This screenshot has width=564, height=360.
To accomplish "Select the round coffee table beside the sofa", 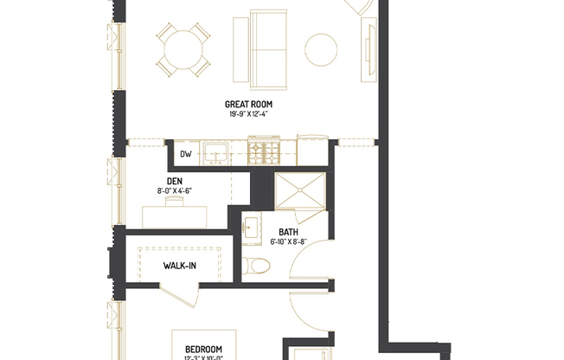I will [321, 48].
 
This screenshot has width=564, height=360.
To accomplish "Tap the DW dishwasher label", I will [185, 155].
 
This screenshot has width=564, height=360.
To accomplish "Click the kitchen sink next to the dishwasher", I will [215, 154].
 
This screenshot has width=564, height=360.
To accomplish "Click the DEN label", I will [174, 181].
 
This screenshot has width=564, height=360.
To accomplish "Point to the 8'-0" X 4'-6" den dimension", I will [174, 190].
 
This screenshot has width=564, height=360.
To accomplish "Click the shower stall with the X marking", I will [298, 191].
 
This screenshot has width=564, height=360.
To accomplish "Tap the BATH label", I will [287, 233].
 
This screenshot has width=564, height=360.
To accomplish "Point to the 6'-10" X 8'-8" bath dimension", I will [287, 242].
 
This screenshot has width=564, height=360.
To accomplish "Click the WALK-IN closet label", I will [179, 266].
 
